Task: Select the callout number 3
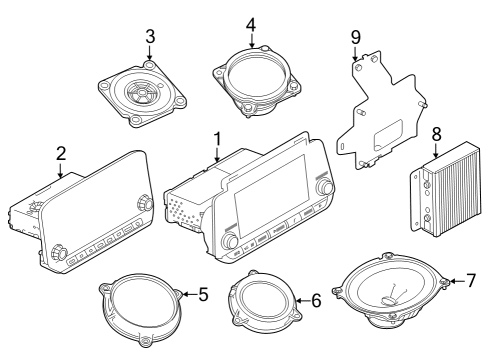point(150,37)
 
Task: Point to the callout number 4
point(251,23)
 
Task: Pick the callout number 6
point(316,298)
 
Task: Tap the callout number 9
point(354,37)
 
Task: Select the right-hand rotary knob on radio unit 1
point(324,187)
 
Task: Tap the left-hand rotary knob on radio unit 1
point(230,241)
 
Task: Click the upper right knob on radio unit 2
point(146,203)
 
